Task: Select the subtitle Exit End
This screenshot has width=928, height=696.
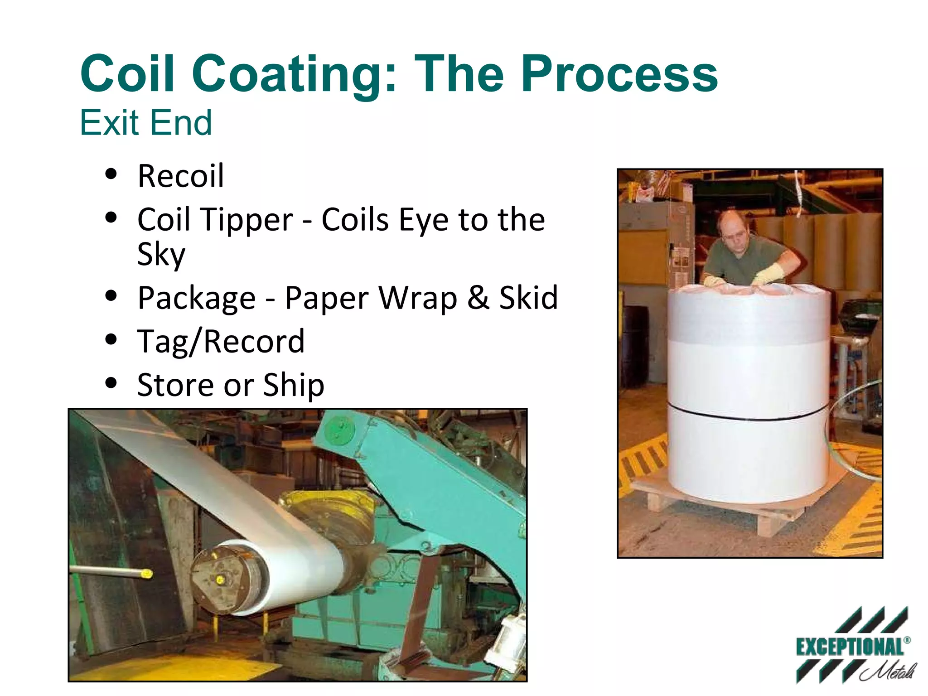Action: pos(146,123)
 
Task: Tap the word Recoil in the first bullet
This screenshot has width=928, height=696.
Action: pos(181,176)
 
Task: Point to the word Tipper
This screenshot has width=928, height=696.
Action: pos(247,220)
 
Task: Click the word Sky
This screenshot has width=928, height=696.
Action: pos(161,254)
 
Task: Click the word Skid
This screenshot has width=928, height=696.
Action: pos(528,298)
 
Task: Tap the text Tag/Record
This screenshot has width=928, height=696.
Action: pos(221,341)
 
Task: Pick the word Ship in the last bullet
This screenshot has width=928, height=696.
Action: pos(294,385)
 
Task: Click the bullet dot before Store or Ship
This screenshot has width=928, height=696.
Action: pos(111,383)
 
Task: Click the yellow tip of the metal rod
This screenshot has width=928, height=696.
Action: pos(146,574)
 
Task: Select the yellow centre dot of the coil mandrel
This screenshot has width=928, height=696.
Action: pos(220,580)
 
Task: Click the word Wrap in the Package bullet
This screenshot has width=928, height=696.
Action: pos(417,298)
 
